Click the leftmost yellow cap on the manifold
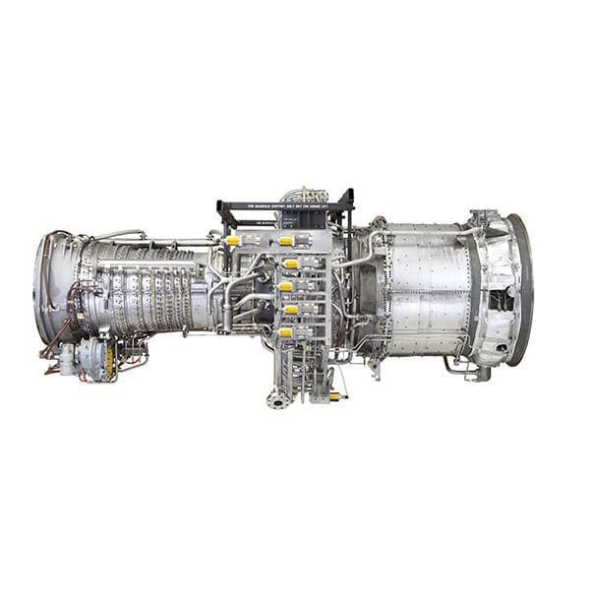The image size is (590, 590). click(x=233, y=240)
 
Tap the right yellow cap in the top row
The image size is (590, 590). click(x=286, y=240)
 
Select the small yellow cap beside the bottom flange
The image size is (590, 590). click(x=334, y=395)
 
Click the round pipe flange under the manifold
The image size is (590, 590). click(x=276, y=401)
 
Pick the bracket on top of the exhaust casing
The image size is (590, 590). click(x=482, y=217)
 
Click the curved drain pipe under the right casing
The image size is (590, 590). click(x=458, y=370)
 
